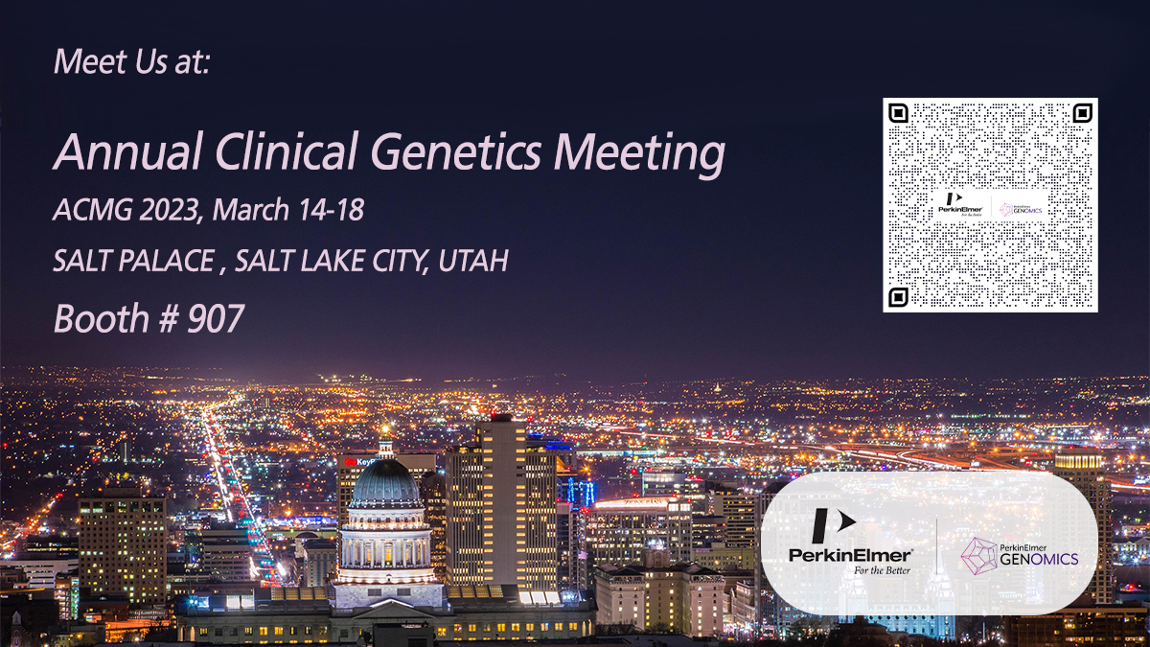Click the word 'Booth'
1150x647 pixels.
[96, 318]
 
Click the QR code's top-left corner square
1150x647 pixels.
[898, 113]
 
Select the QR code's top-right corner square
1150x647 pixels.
[1082, 113]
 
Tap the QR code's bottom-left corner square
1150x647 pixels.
[898, 296]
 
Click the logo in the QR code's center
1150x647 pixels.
[990, 205]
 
